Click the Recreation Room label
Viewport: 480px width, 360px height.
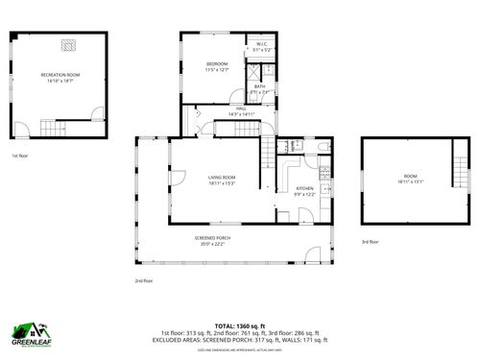(x=60, y=74)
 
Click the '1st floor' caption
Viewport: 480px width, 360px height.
(x=20, y=155)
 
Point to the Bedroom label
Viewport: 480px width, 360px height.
(x=217, y=64)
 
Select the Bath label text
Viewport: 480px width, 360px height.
(x=260, y=86)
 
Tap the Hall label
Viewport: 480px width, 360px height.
(x=243, y=108)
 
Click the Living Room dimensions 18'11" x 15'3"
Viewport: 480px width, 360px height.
(x=222, y=183)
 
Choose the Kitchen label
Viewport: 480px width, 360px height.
(x=304, y=188)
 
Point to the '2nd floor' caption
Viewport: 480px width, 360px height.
(x=144, y=280)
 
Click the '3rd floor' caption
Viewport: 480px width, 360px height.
(x=370, y=242)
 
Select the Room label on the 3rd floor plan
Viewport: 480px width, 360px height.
(x=410, y=177)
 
